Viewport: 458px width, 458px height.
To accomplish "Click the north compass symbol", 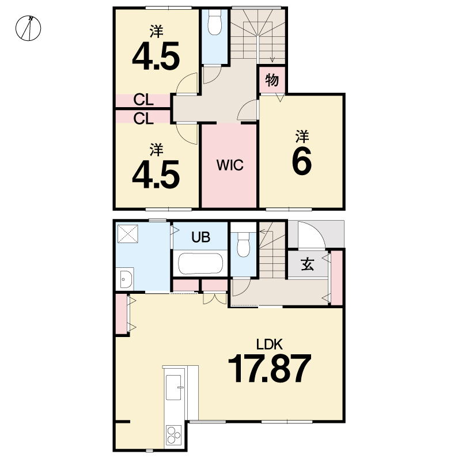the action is coord(28,28).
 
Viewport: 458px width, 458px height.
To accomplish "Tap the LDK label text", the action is coord(269,345).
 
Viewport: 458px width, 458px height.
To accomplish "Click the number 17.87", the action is coord(269,368).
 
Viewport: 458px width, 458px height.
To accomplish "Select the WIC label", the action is coord(230,165).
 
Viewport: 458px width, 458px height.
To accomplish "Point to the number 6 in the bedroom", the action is coord(302,161).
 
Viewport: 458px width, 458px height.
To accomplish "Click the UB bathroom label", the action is coord(201,237).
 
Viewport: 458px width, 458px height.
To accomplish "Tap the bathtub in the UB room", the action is coord(200,263).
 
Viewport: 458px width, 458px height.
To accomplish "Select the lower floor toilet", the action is coord(243,245).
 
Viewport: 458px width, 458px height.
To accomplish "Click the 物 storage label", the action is coord(272,80).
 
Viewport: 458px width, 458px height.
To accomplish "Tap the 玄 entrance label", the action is coord(307,264).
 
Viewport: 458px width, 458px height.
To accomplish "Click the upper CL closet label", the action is coord(143,100).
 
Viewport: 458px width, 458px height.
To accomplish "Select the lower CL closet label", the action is coord(143,119).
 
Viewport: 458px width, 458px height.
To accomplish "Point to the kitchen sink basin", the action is coord(173,387).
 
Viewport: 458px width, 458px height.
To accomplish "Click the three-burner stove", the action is coord(173,436).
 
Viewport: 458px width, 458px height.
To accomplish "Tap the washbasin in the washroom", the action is coord(126,279).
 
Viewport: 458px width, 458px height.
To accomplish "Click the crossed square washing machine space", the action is coord(128,234).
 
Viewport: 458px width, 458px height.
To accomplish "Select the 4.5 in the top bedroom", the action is coord(156,56).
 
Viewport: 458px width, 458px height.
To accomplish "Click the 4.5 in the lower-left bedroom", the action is coord(156,175).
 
